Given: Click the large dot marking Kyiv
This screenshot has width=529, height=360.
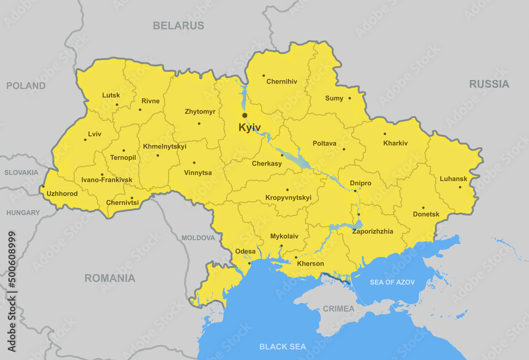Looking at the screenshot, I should click(x=244, y=115).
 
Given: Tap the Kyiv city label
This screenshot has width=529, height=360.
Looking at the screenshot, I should click(x=250, y=128).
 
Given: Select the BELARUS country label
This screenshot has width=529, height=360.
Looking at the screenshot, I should click(x=178, y=25).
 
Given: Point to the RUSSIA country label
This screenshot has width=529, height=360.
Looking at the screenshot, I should click(x=489, y=84).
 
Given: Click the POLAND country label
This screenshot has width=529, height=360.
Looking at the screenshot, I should click(x=26, y=85).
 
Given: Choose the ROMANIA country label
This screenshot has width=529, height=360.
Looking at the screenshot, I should click(x=110, y=278).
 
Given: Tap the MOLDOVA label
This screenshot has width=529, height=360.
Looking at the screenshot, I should click(x=198, y=238).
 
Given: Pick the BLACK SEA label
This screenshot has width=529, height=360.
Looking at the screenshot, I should click(x=282, y=347).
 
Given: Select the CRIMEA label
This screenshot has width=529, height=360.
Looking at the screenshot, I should click(x=339, y=309).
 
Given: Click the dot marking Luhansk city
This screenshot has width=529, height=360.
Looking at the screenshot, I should click(x=460, y=187).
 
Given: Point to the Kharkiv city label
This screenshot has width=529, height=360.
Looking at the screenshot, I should click(x=396, y=143).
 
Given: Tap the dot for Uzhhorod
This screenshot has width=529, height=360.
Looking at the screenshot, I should click(x=43, y=186).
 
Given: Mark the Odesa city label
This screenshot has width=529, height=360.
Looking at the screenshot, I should click(x=245, y=251).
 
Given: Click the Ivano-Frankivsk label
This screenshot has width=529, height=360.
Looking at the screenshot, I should click(x=107, y=180).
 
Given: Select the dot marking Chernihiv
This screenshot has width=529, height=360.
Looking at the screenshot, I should click(x=263, y=75).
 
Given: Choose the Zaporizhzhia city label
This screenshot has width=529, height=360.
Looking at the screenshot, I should click(x=372, y=231).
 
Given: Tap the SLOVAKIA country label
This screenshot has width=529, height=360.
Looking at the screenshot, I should click(x=21, y=172).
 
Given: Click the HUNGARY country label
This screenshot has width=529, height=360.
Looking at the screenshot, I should click(x=23, y=212).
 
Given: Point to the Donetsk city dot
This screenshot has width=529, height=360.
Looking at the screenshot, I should click(x=423, y=208).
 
